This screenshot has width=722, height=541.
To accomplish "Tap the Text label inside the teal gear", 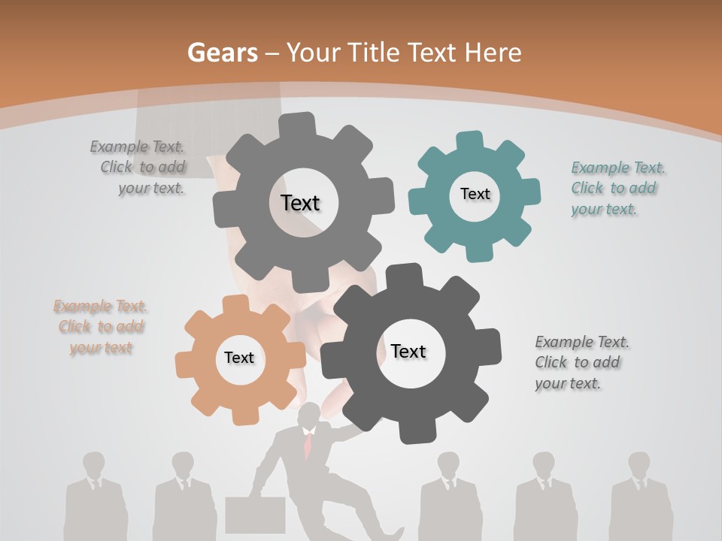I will (475, 194).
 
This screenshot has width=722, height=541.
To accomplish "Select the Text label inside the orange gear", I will (239, 358).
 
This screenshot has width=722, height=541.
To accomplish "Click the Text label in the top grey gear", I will (300, 203).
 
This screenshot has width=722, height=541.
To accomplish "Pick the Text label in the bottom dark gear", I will (408, 351).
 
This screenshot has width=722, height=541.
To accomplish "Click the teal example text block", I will (617, 189).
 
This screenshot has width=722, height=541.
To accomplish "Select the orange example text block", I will (101, 327).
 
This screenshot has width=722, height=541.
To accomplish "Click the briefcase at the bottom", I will (255, 515).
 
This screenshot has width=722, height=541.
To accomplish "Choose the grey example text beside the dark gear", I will (581, 362).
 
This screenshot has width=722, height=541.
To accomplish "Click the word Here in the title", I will (493, 53).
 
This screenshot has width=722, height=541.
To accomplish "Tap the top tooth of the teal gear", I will (470, 141).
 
